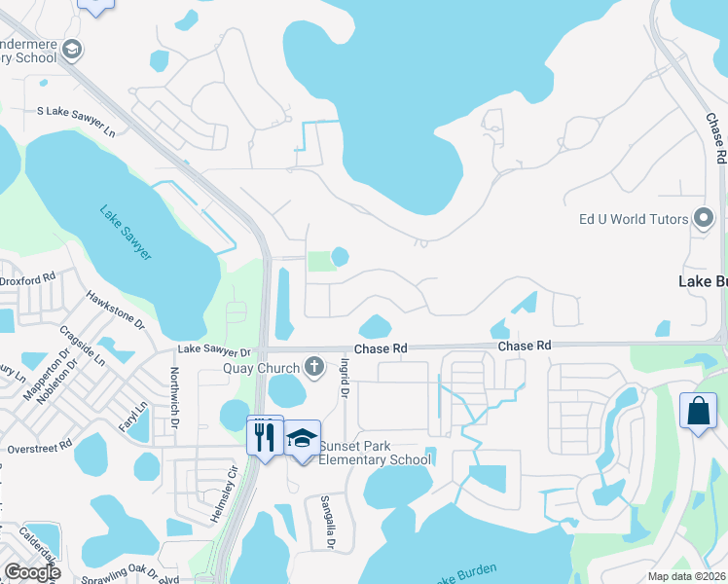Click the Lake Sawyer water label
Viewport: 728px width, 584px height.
click(125, 231)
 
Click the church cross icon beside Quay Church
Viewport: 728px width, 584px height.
click(313, 367)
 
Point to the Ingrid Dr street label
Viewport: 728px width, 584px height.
click(344, 378)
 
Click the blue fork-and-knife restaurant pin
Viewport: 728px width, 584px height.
click(265, 436)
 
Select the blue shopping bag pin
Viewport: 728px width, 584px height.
click(699, 410)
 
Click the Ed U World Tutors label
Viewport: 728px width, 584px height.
click(626, 219)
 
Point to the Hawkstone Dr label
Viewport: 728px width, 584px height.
click(115, 309)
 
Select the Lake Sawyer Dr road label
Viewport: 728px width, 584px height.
click(214, 350)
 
